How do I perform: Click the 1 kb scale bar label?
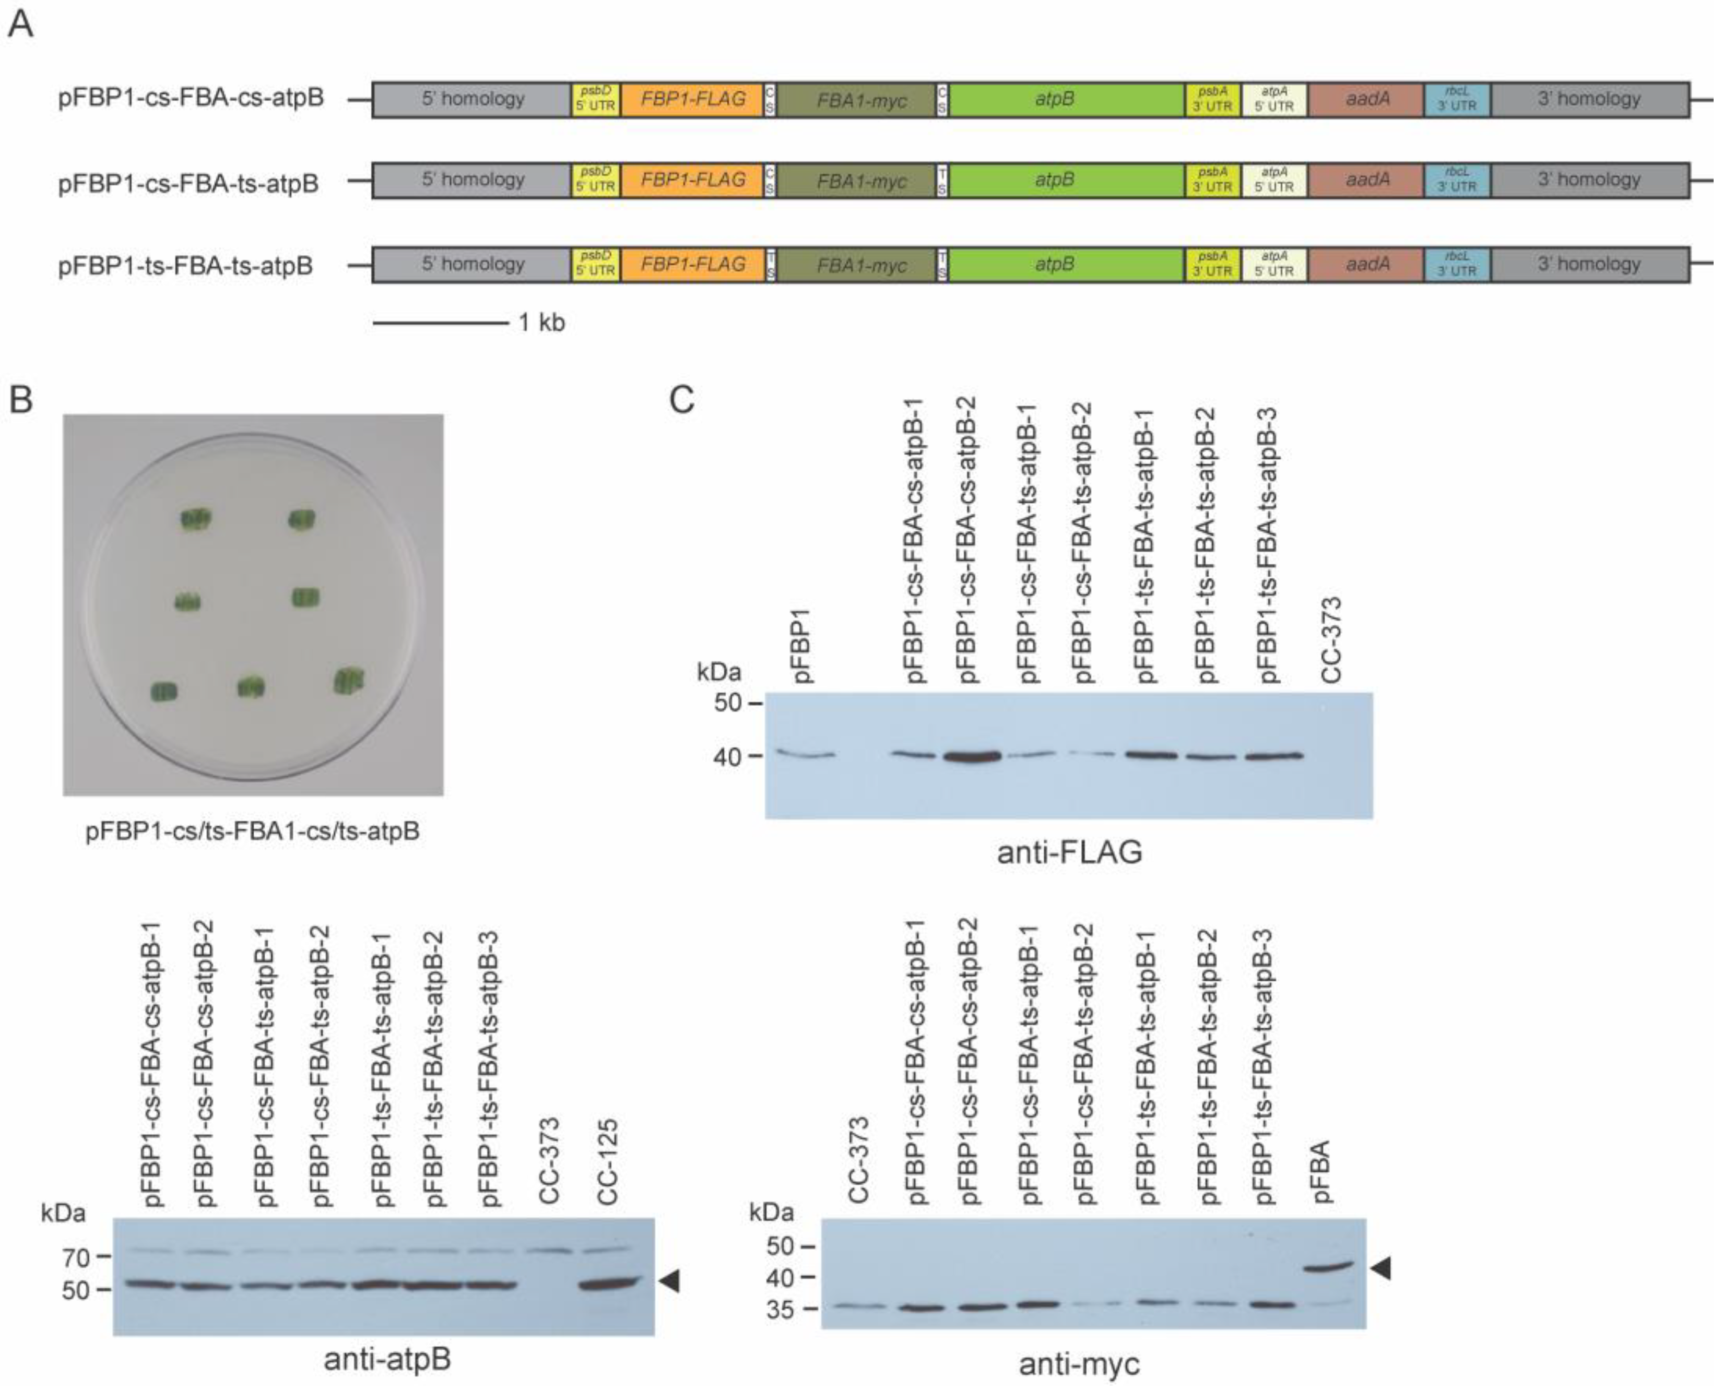tap(542, 323)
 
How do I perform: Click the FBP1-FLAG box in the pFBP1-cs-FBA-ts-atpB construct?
tap(692, 180)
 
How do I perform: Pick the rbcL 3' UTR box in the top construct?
tap(1456, 99)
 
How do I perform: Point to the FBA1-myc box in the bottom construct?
tap(861, 265)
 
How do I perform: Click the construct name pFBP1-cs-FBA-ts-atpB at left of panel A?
tap(188, 184)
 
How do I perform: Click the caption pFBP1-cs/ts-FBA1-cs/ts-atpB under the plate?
tap(252, 831)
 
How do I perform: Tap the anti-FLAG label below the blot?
tap(1069, 852)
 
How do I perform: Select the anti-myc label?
tap(1079, 1364)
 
